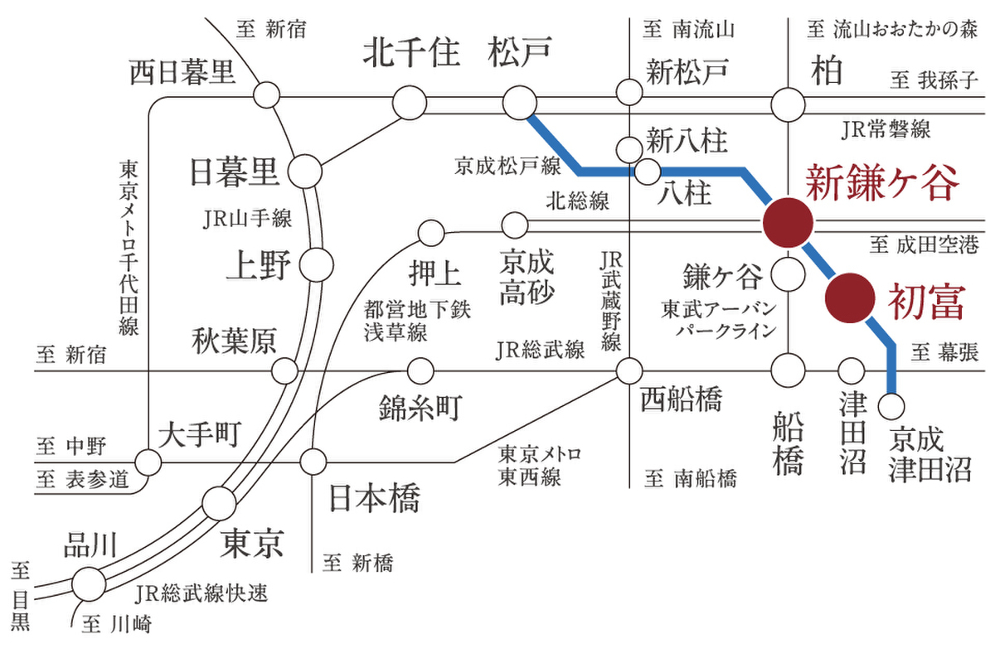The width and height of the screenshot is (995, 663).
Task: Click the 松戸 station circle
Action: point(520,104)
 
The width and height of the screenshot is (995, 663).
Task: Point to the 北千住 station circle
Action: point(409,104)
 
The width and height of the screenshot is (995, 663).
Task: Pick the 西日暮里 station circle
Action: point(266,94)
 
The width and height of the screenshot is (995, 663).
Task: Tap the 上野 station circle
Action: point(317,265)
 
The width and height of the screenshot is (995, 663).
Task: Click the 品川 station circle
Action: point(89,583)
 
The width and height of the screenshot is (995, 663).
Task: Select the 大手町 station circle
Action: point(148,461)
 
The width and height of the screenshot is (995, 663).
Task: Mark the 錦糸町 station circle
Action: point(421,369)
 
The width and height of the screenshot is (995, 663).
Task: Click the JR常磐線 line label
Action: point(885,129)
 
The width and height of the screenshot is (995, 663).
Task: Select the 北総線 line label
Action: point(578,200)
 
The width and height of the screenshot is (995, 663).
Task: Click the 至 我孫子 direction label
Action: point(934,80)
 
